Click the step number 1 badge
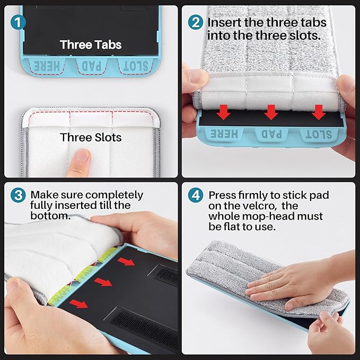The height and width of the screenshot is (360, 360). point(18,22)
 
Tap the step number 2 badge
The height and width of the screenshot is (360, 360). point(196,22)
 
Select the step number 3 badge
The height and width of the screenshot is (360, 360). point(18,195)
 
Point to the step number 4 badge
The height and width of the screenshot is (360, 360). point(196,195)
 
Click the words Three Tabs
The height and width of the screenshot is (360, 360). point(91,45)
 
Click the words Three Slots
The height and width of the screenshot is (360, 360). point(91,137)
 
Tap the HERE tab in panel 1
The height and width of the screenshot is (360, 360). point(47,66)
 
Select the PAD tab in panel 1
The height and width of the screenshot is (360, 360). point(91,66)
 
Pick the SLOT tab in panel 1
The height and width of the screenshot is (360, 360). point(135,66)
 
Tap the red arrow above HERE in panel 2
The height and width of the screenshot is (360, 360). point(223,112)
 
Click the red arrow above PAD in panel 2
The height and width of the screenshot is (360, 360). point(271,112)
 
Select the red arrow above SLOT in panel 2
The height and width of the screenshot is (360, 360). point(319,112)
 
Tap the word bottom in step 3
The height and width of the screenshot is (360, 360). point(50,216)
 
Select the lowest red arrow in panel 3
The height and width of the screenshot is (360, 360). point(78,304)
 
